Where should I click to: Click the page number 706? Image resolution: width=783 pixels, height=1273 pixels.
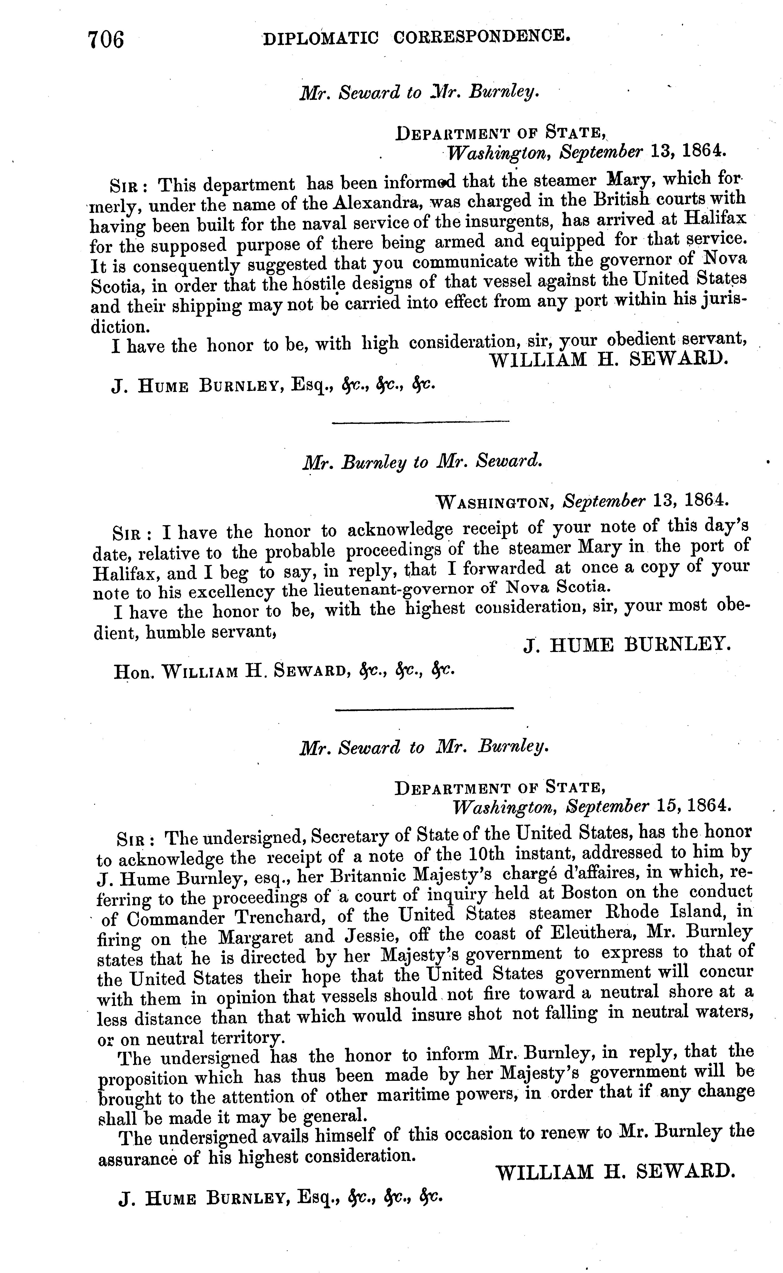pyautogui.click(x=107, y=40)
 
